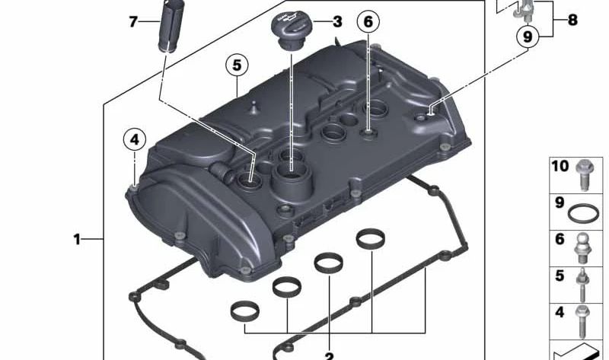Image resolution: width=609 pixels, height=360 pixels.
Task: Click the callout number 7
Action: pos(132,21)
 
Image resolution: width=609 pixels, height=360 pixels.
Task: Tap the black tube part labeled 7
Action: pos(167,26)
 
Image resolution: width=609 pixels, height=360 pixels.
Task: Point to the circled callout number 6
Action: pos(368,22)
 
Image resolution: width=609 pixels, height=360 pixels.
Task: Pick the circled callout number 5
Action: pos(237,66)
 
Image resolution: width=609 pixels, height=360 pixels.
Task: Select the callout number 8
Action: pos(572,21)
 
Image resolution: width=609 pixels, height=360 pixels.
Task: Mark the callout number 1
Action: pos(76,240)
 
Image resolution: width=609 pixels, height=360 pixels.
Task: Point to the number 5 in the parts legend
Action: pos(560,276)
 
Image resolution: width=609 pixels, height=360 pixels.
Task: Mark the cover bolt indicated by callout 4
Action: pos(134,187)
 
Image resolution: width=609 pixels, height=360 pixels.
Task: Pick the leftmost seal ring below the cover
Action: pos(242,313)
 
